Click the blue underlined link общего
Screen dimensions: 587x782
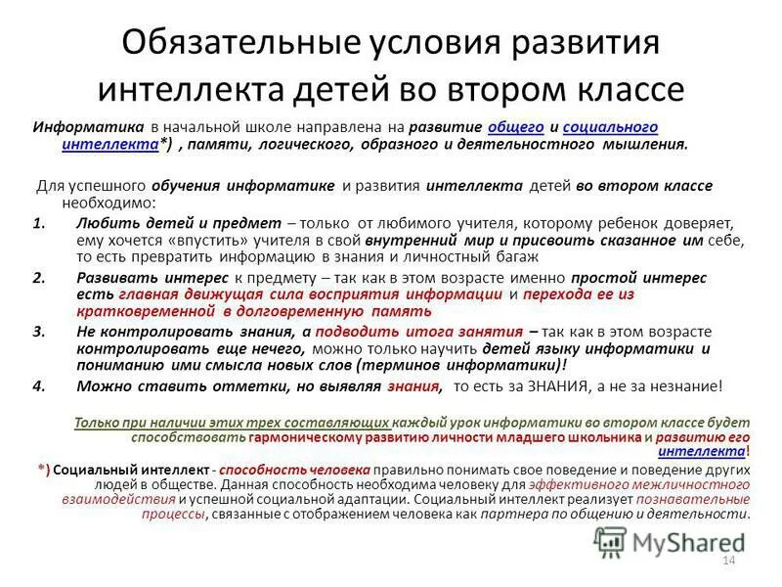coord(508,128)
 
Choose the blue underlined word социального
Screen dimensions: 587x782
coord(605,128)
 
